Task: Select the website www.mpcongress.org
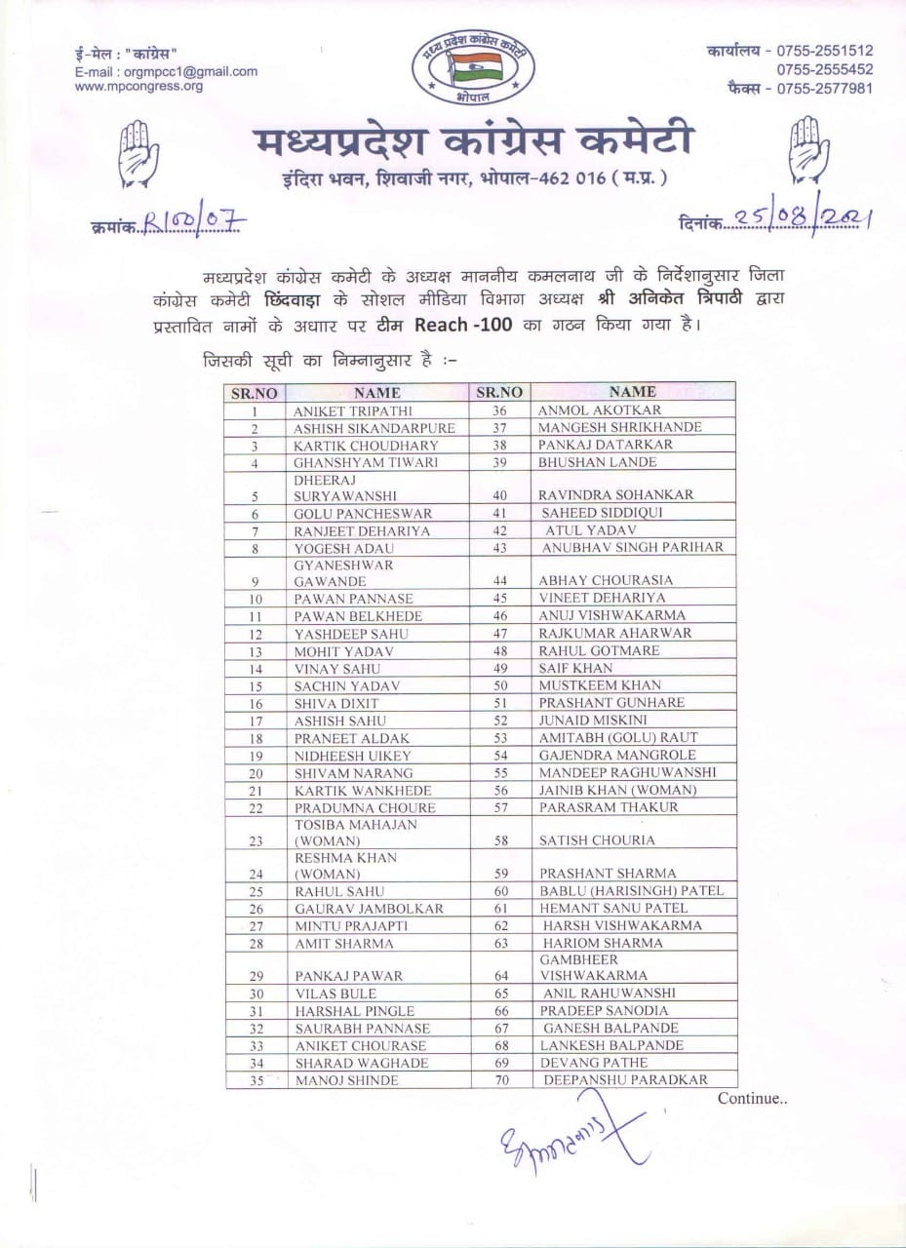[x=138, y=86]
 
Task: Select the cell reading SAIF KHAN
[x=575, y=668]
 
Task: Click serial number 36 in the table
[x=499, y=410]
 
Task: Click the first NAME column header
[x=377, y=393]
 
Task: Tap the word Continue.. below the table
[x=752, y=1099]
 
